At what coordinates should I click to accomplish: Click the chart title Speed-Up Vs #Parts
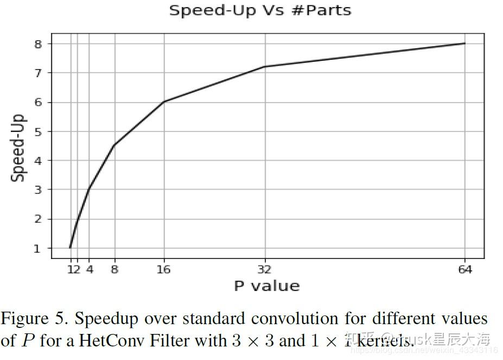(260, 10)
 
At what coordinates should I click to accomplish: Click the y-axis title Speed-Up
(19, 147)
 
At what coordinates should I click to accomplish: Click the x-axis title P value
(266, 286)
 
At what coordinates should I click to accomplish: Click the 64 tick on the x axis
(465, 269)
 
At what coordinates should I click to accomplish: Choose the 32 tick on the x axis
(264, 269)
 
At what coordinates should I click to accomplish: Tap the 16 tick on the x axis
(164, 269)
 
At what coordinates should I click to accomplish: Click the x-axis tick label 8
(114, 269)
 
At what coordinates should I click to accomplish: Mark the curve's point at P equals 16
(164, 102)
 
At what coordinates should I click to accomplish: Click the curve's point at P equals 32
(264, 66)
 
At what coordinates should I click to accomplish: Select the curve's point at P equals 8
(114, 145)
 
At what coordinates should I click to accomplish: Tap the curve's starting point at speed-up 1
(71, 248)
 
